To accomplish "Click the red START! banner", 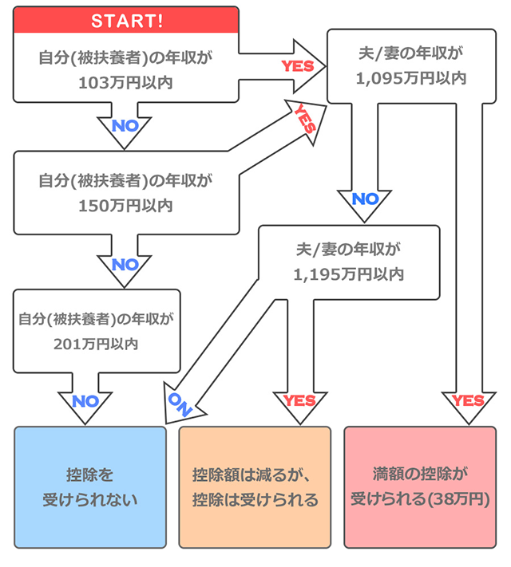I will click(126, 21).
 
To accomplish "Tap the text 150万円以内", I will click(126, 205).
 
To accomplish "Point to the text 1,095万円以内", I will click(411, 78).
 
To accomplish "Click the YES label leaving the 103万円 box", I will click(297, 65).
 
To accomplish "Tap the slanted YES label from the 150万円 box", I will click(305, 117).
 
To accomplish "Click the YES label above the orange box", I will click(299, 400).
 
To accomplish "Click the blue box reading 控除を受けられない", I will click(89, 486).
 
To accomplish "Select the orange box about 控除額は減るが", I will click(255, 486).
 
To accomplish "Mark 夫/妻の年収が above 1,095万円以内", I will click(411, 53).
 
